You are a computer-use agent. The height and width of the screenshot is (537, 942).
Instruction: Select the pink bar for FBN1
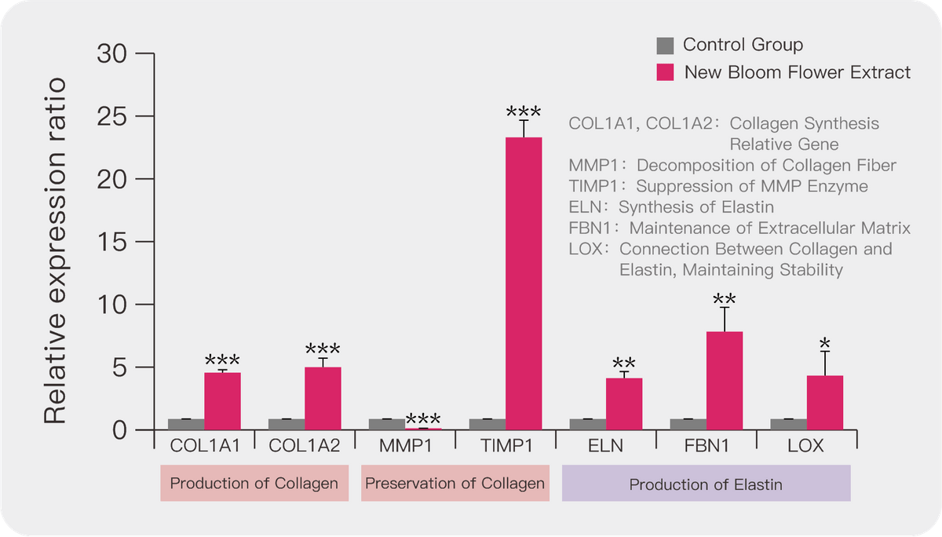[725, 380]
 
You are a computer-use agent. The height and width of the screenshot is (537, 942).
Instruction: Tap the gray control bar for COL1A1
[186, 424]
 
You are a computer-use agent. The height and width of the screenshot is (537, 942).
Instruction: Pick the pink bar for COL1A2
[323, 398]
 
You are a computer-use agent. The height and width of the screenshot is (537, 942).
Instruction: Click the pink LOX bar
[825, 402]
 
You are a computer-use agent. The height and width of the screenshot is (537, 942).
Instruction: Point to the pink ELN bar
[624, 404]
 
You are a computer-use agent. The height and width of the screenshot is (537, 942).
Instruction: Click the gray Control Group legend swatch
[666, 45]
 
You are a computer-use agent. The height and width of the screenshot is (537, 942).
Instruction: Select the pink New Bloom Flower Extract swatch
[666, 72]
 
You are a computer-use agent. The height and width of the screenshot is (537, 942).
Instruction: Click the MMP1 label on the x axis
[405, 447]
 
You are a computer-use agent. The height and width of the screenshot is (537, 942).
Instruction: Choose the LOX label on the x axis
[805, 447]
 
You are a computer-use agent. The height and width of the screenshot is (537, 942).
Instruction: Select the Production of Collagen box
[254, 483]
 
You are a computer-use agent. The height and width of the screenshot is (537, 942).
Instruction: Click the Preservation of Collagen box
[455, 483]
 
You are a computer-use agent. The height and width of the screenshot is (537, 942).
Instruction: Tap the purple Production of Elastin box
[706, 483]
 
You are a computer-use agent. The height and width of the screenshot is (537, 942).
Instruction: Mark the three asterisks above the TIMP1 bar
[524, 111]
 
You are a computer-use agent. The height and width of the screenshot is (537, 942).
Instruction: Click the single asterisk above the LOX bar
[825, 343]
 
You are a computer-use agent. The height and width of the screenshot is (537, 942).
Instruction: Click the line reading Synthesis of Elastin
[672, 207]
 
